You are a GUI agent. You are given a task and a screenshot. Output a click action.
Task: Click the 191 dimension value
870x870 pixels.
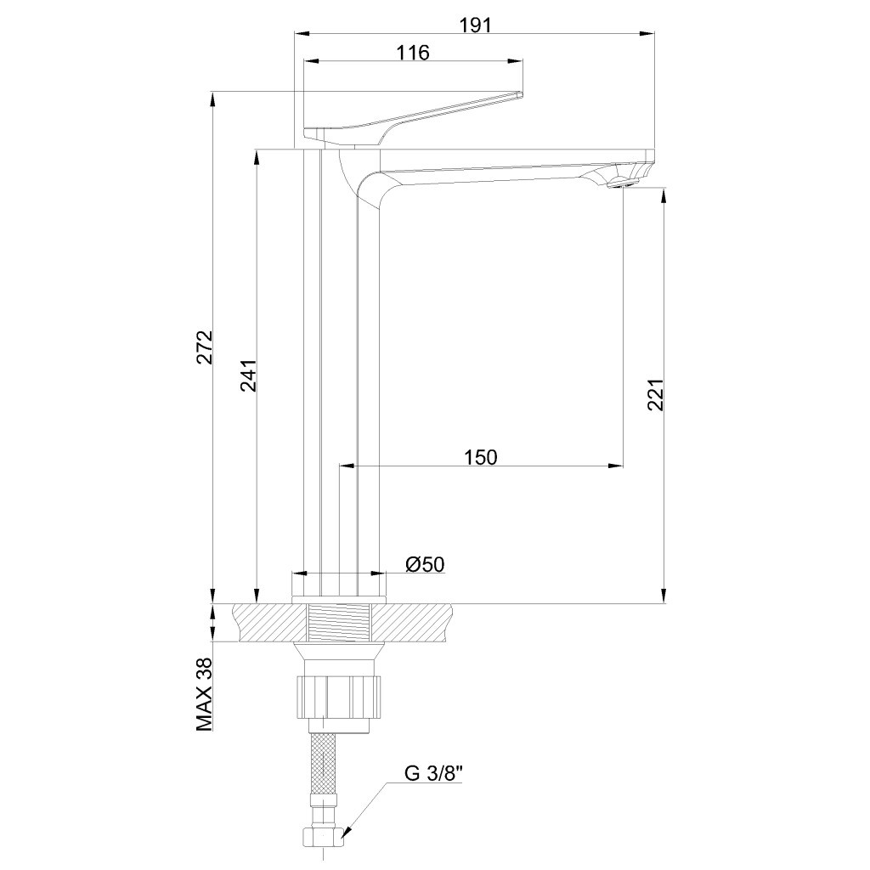(x=476, y=25)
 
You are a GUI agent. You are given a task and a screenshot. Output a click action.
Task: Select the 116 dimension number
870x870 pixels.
(x=414, y=53)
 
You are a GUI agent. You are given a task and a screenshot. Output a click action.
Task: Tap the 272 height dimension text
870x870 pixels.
(x=206, y=347)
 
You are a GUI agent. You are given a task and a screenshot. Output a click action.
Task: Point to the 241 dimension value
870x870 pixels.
(x=249, y=376)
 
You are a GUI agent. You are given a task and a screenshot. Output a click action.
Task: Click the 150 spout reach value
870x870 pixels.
(x=481, y=458)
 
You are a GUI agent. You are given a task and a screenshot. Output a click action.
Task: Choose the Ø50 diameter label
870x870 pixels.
(x=425, y=565)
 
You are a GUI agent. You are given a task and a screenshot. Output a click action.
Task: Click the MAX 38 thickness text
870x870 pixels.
(x=205, y=695)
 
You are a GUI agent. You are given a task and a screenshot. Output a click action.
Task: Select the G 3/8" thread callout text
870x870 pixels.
(x=433, y=774)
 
